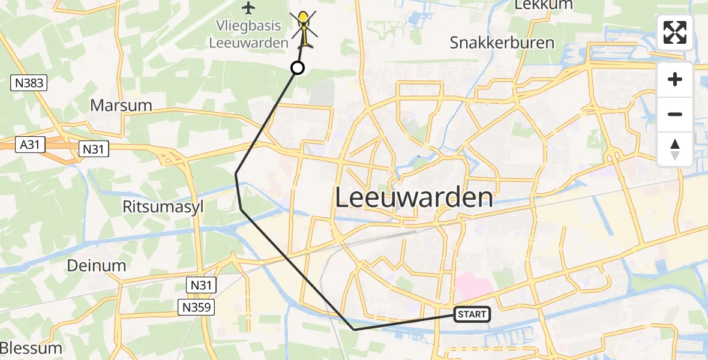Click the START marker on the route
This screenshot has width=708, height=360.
tap(473, 314)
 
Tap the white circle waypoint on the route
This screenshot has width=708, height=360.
tap(298, 68)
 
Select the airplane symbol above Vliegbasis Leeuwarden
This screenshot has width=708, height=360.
tap(248, 8)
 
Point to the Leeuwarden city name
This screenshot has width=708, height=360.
tap(414, 197)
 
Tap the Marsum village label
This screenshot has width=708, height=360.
tap(121, 106)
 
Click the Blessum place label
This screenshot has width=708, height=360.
tap(31, 348)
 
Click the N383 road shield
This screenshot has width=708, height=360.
tap(29, 83)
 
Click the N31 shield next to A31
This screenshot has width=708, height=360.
tap(94, 149)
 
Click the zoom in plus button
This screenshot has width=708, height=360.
tap(675, 79)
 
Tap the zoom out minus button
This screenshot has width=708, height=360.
tap(675, 114)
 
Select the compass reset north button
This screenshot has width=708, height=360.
tap(675, 149)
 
